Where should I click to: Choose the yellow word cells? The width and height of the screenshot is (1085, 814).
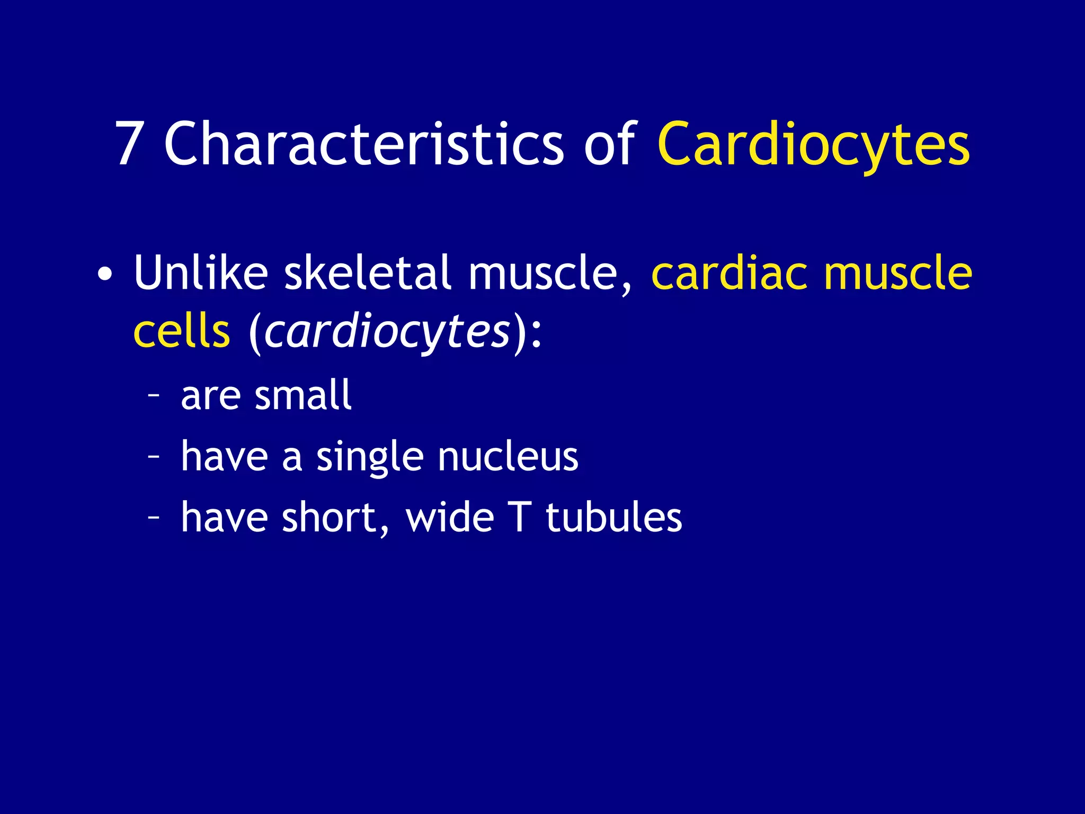coord(182,332)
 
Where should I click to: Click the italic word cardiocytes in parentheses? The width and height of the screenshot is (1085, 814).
coord(387,332)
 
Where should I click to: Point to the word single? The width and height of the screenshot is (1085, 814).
coord(369,457)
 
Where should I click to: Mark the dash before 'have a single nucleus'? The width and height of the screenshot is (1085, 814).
coord(154,457)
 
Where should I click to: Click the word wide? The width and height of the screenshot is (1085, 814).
coord(450,517)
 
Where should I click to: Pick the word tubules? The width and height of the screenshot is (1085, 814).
coord(614,517)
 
